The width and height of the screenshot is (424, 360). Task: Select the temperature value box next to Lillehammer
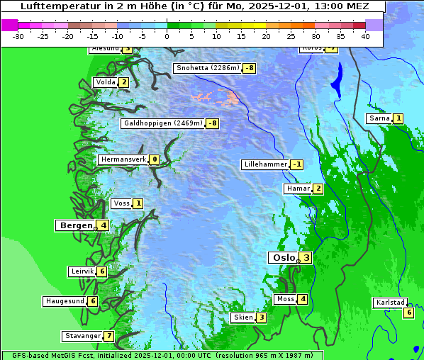[297, 164]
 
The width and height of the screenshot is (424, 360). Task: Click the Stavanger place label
[82, 336]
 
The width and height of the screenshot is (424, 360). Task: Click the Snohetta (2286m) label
[207, 68]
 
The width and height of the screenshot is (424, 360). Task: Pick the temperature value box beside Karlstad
[408, 313]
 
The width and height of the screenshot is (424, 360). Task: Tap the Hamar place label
[297, 189]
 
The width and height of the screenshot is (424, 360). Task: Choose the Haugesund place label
[65, 301]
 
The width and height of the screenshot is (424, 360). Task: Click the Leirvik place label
[82, 271]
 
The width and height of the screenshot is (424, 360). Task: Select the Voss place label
[121, 203]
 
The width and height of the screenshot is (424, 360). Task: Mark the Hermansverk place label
[123, 159]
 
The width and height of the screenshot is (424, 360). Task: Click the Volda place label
[105, 82]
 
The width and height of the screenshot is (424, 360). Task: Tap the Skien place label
[243, 317]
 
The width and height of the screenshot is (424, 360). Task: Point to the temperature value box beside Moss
[303, 299]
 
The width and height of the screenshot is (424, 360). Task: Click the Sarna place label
[379, 118]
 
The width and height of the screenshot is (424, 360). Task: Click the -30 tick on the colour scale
[18, 35]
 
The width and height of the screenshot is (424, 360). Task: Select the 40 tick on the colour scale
[365, 35]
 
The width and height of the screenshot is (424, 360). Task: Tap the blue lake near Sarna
[336, 77]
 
